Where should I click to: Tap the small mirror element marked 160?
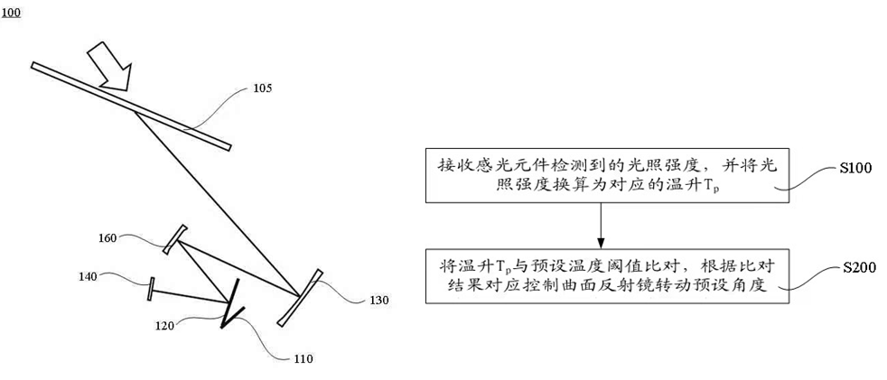[x=175, y=237]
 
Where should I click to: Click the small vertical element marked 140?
[x=151, y=289]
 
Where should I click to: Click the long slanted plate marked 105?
[x=131, y=106]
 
